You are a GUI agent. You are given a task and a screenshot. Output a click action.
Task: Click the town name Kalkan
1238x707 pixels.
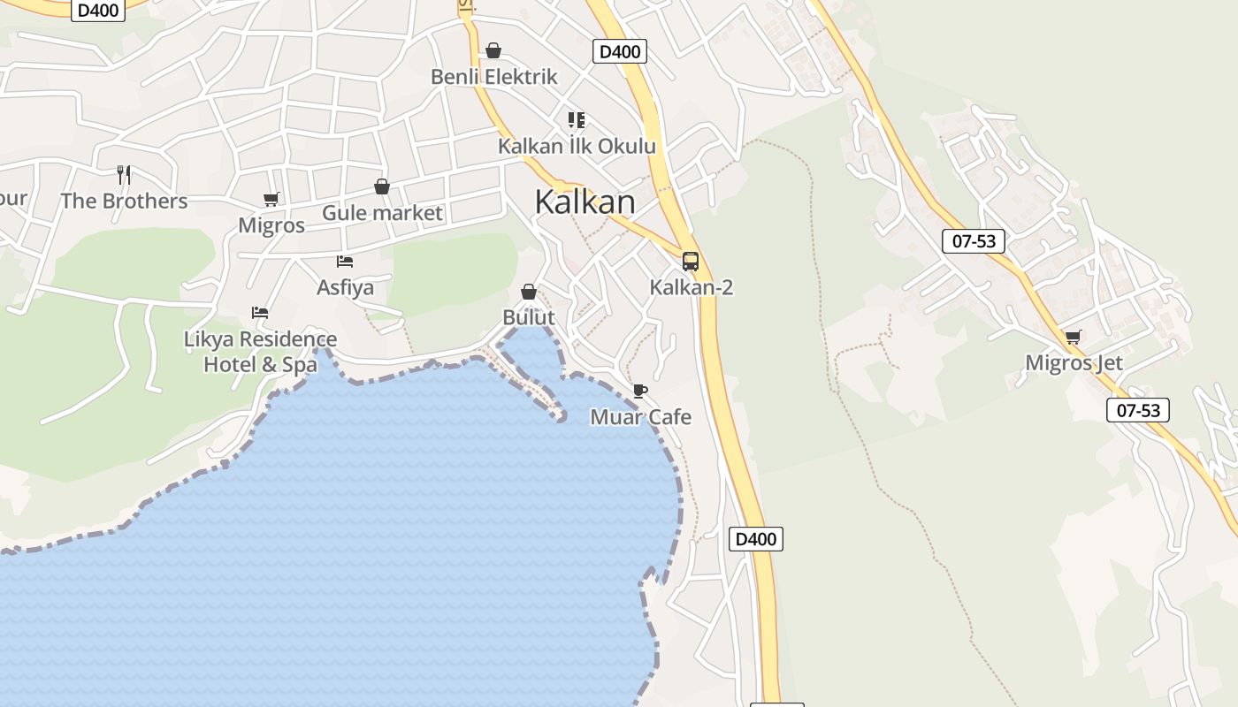[585, 202]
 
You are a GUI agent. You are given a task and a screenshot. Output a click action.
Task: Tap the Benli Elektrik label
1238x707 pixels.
[493, 77]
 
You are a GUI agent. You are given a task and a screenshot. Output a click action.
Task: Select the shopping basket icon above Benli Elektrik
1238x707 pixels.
[493, 50]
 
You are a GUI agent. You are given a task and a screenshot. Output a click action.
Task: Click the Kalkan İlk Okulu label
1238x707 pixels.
[577, 146]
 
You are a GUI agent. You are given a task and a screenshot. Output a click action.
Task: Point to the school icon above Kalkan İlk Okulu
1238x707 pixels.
[577, 119]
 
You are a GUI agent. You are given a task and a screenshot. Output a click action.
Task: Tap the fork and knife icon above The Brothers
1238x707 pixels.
[124, 174]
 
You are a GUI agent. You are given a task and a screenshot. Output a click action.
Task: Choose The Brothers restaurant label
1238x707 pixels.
[124, 201]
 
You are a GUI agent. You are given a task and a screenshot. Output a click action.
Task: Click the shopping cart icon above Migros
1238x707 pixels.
[271, 199]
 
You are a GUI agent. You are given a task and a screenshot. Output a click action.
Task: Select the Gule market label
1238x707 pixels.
[382, 213]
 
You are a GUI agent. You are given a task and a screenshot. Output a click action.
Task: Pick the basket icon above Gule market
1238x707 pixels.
[382, 186]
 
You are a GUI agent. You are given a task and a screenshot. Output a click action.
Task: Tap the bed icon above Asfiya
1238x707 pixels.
[345, 261]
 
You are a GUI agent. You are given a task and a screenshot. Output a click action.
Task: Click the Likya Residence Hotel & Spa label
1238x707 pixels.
[260, 352]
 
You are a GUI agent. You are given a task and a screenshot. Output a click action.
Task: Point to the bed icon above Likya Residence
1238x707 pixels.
[260, 313]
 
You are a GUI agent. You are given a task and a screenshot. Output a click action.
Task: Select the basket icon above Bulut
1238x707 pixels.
[529, 292]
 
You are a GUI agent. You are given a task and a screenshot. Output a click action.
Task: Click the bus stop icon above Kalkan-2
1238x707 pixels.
[691, 262]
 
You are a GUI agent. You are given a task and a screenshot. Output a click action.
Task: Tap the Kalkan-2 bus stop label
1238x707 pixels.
[691, 287]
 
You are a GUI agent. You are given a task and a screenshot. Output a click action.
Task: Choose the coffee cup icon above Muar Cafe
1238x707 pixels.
[640, 391]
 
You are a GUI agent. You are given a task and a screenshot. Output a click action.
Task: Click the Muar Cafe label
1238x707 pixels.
[640, 417]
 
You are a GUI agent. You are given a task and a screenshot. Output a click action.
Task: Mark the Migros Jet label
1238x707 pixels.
[1074, 362]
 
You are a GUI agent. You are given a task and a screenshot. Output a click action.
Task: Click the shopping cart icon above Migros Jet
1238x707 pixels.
[1074, 337]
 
